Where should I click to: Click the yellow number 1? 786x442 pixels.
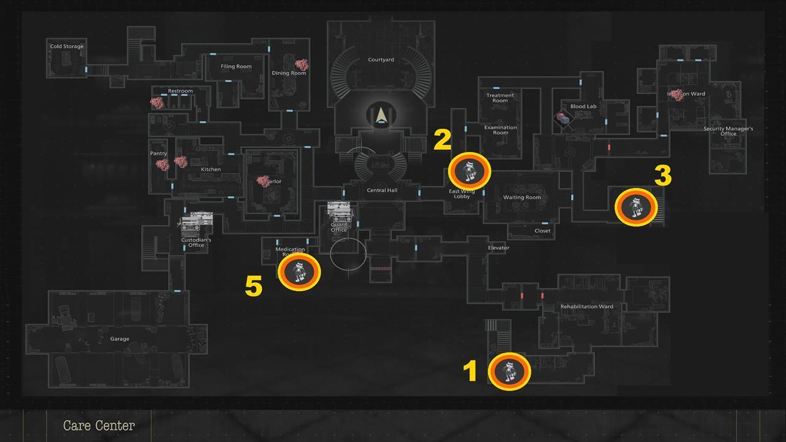(x=470, y=371)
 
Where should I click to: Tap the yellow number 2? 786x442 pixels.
(x=442, y=140)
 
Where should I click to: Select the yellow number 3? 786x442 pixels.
(x=663, y=176)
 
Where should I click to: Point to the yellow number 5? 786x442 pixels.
(x=254, y=286)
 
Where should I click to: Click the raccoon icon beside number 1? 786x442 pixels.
(x=510, y=371)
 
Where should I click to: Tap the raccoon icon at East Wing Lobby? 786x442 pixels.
(x=470, y=171)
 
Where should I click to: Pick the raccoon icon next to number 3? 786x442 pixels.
(x=636, y=207)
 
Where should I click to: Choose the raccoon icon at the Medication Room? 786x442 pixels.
(x=299, y=272)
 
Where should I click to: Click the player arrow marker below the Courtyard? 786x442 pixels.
(x=381, y=115)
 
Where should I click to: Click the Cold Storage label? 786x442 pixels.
(x=67, y=47)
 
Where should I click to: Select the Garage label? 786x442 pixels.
(x=120, y=339)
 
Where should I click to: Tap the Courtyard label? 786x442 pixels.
(x=381, y=60)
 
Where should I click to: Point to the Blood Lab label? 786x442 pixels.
(x=583, y=107)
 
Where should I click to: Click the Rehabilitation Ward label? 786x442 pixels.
(x=586, y=307)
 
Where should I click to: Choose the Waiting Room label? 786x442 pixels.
(x=522, y=198)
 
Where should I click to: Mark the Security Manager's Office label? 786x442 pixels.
(x=728, y=131)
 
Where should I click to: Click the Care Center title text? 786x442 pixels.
(x=99, y=425)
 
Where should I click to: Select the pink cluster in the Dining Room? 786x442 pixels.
(x=302, y=64)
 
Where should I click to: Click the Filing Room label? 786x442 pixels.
(x=236, y=67)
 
